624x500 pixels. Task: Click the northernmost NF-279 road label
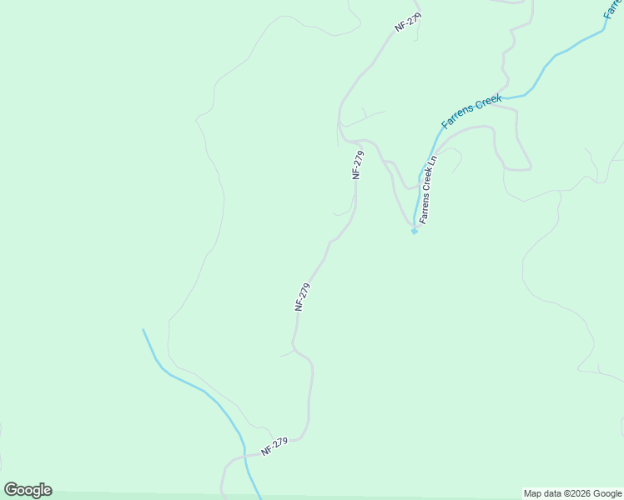tap(409, 22)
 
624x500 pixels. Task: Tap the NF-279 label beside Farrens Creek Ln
tap(358, 164)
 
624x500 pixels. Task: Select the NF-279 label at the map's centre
tap(302, 297)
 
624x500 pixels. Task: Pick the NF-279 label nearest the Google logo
tap(274, 447)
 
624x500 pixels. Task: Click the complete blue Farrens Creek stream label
tap(471, 112)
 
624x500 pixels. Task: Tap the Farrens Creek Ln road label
tap(428, 189)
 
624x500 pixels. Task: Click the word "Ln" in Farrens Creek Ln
tap(432, 160)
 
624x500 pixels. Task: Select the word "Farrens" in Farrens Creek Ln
tap(425, 210)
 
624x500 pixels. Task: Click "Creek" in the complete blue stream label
tap(488, 103)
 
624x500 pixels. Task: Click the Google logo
tap(28, 490)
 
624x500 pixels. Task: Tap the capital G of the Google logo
tap(11, 489)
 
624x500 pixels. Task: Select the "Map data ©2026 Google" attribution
tap(572, 493)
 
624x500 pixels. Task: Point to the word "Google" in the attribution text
tap(606, 493)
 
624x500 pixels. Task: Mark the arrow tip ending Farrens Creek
tap(414, 232)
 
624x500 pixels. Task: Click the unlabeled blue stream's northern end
tap(143, 330)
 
